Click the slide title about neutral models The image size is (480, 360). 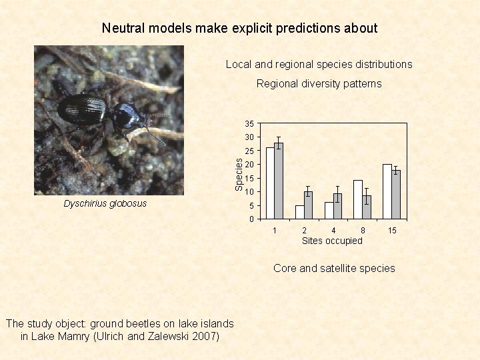click(x=239, y=28)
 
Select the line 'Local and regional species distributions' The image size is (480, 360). click(x=319, y=65)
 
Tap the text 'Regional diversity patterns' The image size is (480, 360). click(x=319, y=84)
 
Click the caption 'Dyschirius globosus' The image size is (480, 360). click(x=105, y=203)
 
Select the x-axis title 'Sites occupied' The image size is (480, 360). click(x=332, y=241)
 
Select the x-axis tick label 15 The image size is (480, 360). click(x=393, y=231)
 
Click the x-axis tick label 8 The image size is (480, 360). click(x=363, y=231)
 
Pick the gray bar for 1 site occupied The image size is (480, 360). click(x=279, y=181)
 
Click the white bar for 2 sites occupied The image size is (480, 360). click(x=299, y=212)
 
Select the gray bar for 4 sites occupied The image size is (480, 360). click(x=337, y=207)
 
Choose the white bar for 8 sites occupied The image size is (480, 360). click(x=358, y=199)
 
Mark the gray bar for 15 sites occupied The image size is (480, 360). click(x=396, y=195)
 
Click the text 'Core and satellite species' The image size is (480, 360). click(x=334, y=268)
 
